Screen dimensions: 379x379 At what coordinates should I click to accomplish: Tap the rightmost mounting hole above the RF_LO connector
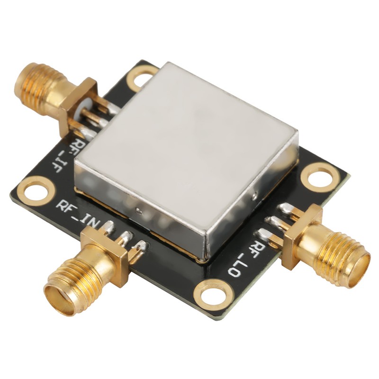coord(321,176)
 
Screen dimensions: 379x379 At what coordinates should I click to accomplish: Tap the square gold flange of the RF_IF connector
coord(78,107)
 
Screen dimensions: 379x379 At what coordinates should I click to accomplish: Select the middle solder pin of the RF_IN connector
coord(126,237)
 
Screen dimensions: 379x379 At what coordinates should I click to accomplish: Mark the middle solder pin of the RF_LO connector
coord(275,221)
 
